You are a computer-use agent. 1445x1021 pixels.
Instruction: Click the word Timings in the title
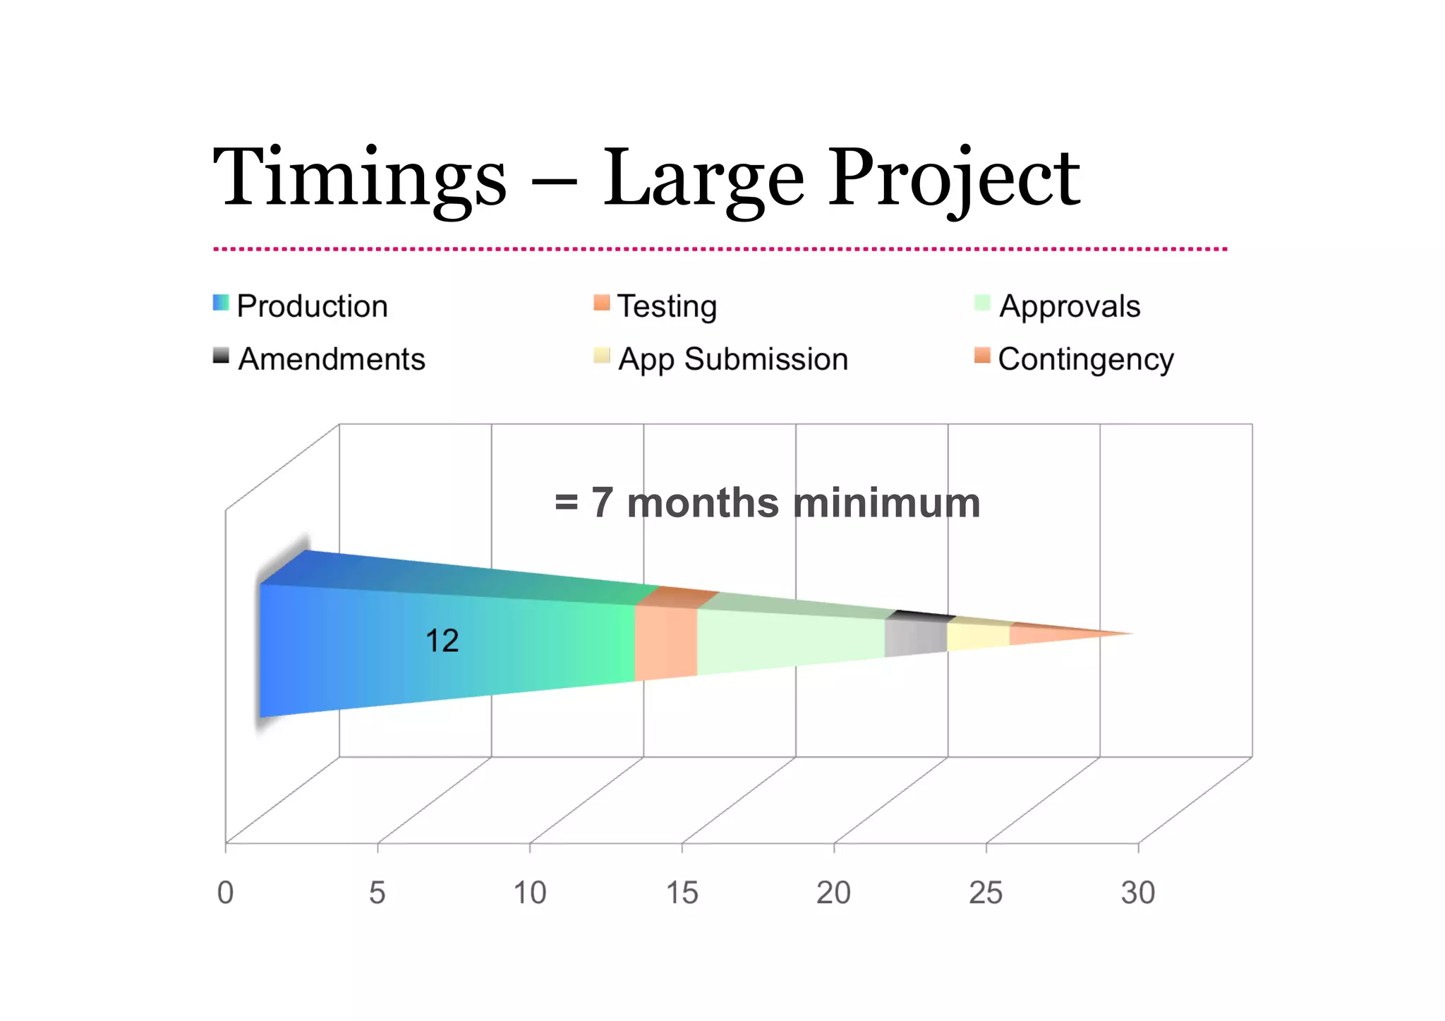tap(359, 178)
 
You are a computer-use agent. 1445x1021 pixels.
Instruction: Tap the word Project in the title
tap(953, 178)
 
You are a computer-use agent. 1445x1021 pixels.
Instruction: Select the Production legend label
tap(312, 306)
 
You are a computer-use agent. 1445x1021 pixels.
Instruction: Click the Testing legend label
tap(667, 306)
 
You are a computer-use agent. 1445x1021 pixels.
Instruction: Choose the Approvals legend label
tap(1070, 306)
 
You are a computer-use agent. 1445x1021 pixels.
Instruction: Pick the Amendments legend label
tap(332, 359)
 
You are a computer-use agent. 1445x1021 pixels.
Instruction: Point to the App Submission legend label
tap(733, 359)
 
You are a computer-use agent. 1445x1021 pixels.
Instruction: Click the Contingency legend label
tap(1086, 359)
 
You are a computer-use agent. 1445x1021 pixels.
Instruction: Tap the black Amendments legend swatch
tap(221, 356)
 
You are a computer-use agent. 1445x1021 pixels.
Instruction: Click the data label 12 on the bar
tap(442, 641)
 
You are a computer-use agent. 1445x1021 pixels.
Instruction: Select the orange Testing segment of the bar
tap(665, 642)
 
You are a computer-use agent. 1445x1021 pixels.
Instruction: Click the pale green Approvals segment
tap(790, 639)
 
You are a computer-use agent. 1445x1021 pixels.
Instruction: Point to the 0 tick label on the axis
tap(225, 893)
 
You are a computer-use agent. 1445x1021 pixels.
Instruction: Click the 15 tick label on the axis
tap(682, 893)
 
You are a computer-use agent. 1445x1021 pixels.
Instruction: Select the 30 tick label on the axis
tap(1137, 893)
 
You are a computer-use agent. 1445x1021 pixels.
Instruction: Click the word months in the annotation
tap(702, 503)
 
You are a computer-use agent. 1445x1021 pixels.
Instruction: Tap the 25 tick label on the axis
tap(985, 893)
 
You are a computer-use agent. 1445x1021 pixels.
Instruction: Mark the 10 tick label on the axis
tap(529, 893)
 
